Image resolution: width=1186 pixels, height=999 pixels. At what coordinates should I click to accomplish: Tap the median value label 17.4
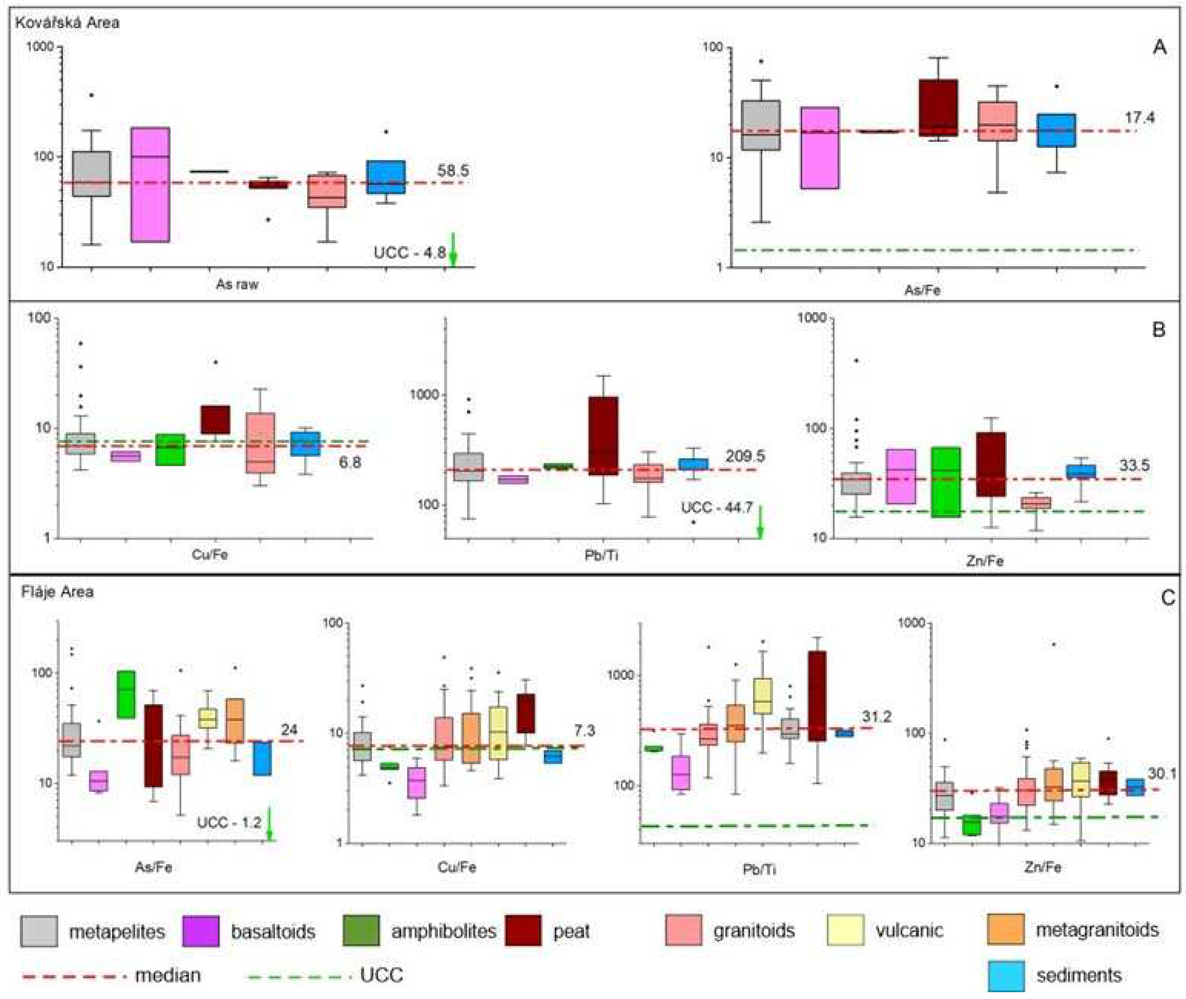1139,118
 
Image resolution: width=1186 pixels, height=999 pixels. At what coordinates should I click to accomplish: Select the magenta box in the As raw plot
150,184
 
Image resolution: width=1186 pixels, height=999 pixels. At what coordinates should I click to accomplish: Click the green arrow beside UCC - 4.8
452,249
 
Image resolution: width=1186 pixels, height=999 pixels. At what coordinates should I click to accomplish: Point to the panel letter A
1159,47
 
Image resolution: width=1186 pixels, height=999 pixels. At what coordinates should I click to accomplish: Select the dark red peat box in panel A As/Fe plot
938,108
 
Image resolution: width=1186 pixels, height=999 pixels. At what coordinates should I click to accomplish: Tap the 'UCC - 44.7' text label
716,508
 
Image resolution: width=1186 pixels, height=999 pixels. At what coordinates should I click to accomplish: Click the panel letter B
1159,330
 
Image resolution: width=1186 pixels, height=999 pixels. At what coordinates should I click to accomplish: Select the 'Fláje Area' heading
57,592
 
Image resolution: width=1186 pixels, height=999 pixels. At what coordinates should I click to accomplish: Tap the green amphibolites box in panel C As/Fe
126,694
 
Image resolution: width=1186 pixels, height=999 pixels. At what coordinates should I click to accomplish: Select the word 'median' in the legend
168,975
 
